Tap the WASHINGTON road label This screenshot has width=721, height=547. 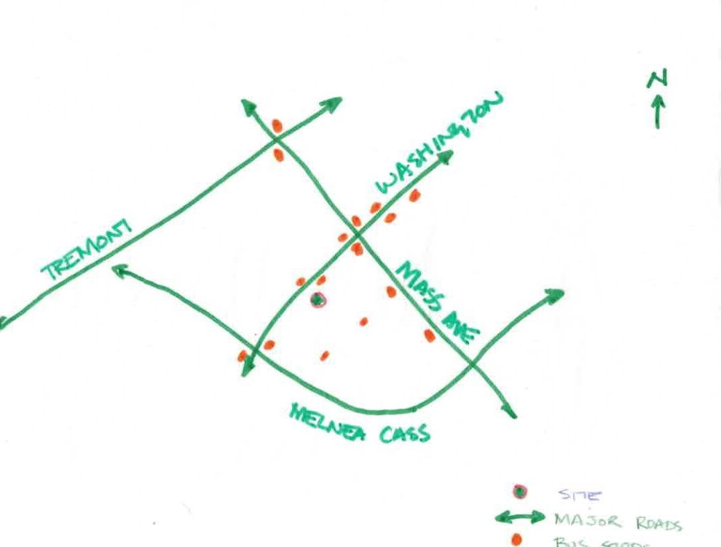(438, 144)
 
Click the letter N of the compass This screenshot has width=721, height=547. (657, 80)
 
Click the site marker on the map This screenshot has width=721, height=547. (318, 300)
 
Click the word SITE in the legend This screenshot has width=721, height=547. (580, 495)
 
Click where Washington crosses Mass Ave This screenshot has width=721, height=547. (358, 235)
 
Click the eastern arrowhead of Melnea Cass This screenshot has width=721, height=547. (555, 296)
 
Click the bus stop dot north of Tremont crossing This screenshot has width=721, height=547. (277, 125)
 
